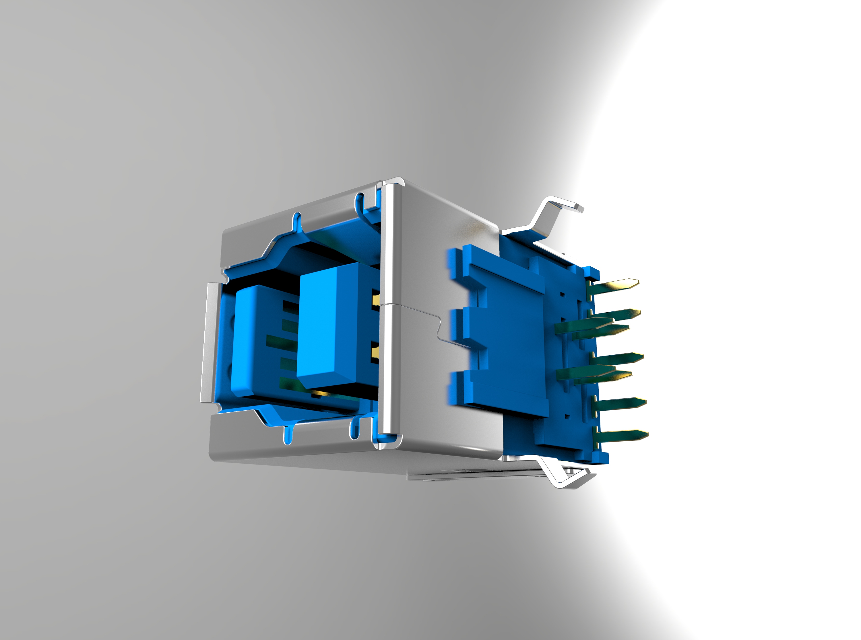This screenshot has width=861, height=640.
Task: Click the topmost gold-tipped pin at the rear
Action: [x=616, y=284]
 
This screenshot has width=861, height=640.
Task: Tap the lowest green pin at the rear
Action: [x=620, y=436]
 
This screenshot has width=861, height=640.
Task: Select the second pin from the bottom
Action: [x=619, y=403]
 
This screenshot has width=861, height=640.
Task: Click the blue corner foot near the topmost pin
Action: [x=591, y=274]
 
